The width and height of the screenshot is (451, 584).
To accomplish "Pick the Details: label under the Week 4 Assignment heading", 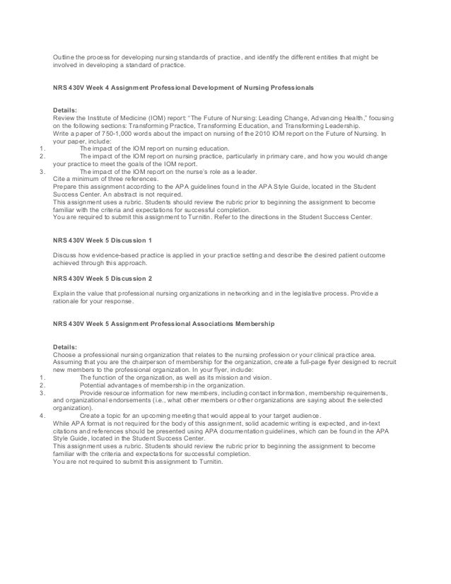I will [x=64, y=110].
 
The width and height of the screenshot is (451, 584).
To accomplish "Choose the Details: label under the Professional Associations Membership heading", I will [x=64, y=347].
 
